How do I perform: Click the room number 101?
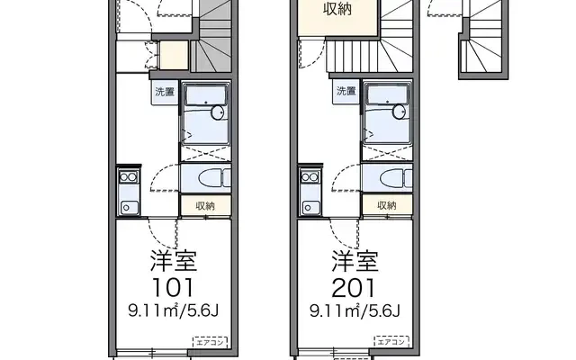click(x=172, y=288)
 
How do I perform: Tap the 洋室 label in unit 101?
click(x=172, y=265)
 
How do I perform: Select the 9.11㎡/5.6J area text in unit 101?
click(x=172, y=312)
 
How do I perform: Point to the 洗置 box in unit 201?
click(x=347, y=91)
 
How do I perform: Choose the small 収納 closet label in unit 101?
click(x=205, y=205)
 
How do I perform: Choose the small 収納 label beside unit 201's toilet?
click(x=387, y=205)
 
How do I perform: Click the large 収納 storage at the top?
click(x=337, y=11)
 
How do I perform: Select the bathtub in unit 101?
click(x=205, y=112)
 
